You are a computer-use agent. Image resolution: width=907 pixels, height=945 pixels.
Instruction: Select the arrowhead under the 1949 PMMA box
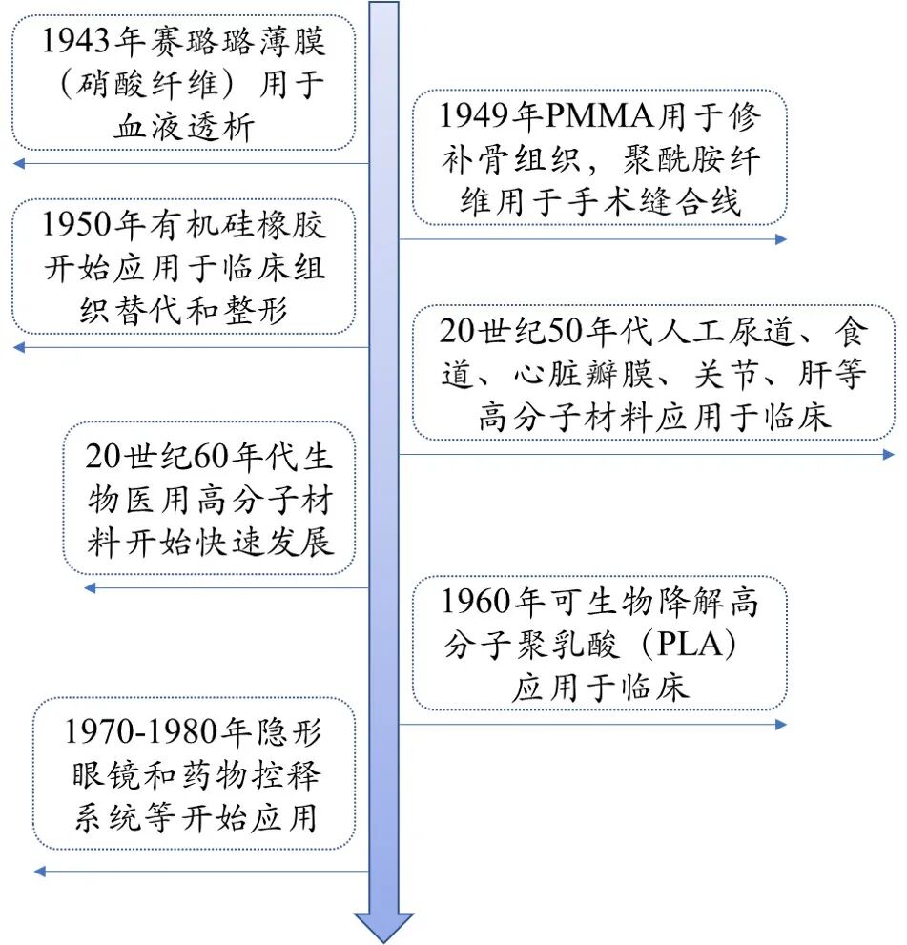click(x=781, y=239)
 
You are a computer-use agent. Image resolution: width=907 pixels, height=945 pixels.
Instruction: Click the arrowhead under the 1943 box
click(x=18, y=163)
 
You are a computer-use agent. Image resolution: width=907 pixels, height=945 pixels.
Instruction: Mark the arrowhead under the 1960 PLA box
click(x=781, y=725)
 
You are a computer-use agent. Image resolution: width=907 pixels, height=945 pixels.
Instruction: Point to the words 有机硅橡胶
click(x=235, y=225)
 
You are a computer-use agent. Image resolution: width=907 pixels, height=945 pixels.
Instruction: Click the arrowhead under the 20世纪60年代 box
click(x=91, y=588)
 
